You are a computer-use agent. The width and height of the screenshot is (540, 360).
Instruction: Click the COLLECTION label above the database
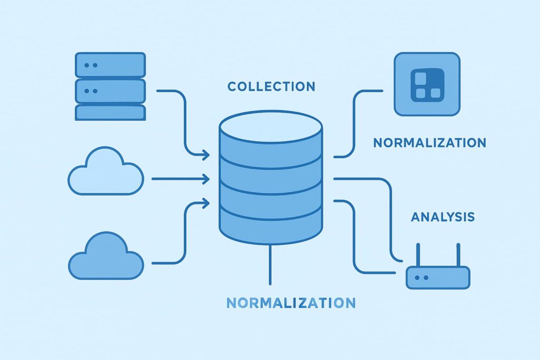click(271, 86)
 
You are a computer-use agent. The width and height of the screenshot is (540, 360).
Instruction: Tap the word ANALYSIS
click(442, 217)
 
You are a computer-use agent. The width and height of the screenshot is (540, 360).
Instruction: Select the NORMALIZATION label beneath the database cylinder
click(291, 303)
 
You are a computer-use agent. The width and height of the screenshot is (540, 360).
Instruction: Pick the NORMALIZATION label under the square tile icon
click(429, 142)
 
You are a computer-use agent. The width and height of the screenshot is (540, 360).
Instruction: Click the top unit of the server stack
click(110, 65)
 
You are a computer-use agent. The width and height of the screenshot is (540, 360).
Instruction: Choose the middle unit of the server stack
click(110, 91)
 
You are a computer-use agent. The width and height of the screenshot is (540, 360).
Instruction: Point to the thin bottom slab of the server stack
click(110, 112)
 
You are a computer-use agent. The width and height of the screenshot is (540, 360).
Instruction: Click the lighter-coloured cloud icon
click(105, 174)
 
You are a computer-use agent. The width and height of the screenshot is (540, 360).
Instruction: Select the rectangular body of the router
click(437, 277)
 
